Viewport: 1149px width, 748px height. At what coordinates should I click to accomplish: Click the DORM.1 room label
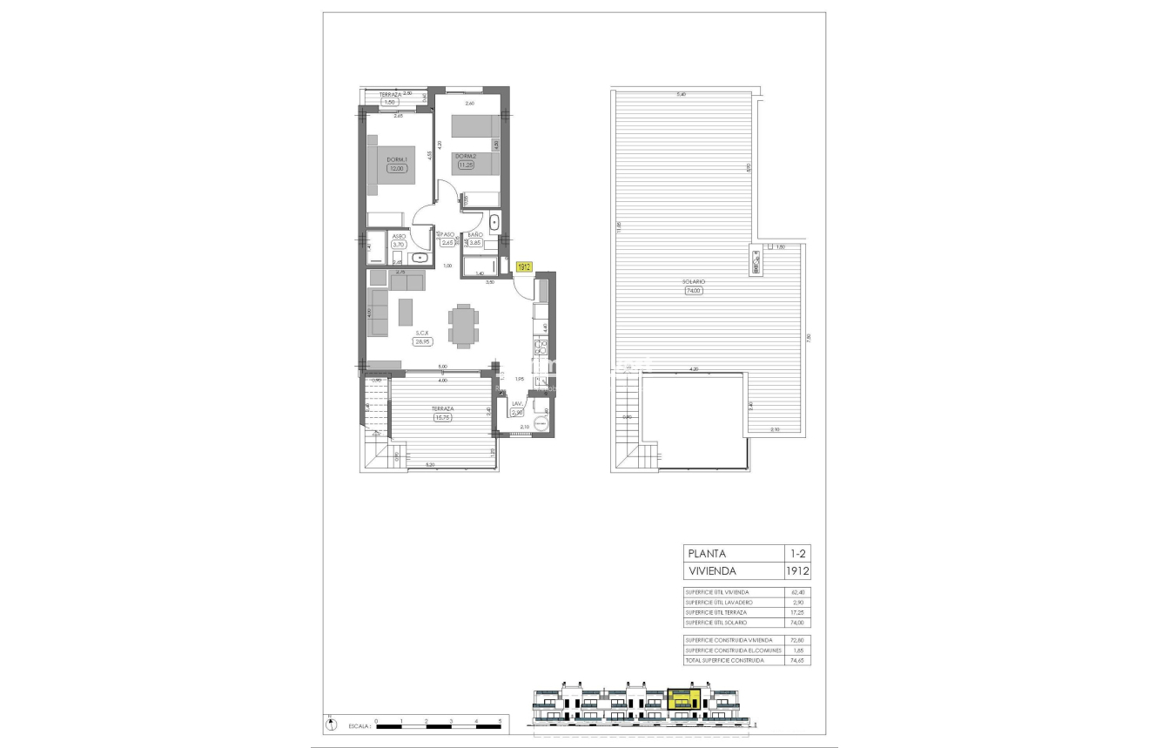(x=397, y=159)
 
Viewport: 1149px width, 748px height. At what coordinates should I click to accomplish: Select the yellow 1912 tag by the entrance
(x=524, y=268)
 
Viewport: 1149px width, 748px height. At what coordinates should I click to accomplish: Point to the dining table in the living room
(x=462, y=324)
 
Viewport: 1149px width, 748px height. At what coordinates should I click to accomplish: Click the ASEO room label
(x=399, y=236)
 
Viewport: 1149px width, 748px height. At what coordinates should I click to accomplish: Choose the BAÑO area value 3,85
(x=475, y=244)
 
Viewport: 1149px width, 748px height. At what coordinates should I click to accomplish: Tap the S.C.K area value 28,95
(x=423, y=342)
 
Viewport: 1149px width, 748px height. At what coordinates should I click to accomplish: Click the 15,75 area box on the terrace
(x=442, y=417)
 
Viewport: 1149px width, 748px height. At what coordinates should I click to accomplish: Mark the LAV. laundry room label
(x=517, y=404)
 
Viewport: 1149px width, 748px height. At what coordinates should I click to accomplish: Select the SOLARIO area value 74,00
(x=693, y=292)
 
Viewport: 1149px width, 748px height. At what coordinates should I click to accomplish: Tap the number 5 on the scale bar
(x=501, y=721)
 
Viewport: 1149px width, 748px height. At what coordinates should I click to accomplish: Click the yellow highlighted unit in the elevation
(x=684, y=698)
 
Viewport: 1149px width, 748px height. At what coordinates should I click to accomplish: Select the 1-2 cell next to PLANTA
(x=796, y=553)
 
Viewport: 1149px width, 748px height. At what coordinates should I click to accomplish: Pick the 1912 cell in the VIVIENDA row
(x=796, y=572)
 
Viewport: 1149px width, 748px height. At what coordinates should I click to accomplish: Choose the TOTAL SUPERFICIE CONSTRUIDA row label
(x=724, y=661)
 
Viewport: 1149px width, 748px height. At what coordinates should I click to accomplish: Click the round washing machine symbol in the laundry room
(x=540, y=424)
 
